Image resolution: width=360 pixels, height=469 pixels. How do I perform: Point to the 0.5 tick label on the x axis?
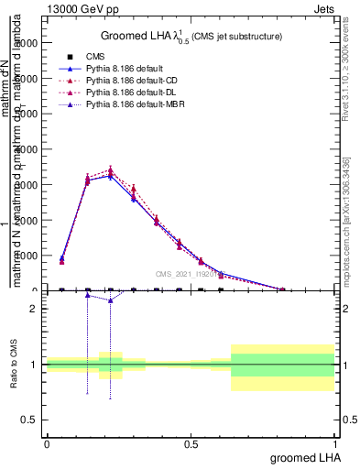pyautogui.click(x=191, y=443)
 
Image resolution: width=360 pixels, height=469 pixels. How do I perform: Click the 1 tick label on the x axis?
pyautogui.click(x=335, y=443)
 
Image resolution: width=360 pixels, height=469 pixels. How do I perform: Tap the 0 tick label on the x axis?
pyautogui.click(x=47, y=443)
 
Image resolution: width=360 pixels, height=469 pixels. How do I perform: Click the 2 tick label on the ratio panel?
pyautogui.click(x=33, y=309)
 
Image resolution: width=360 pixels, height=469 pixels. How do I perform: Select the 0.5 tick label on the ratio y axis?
pyautogui.click(x=28, y=420)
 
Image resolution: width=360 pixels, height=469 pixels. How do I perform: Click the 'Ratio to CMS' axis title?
pyautogui.click(x=14, y=365)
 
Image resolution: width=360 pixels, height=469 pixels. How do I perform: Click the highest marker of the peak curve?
pyautogui.click(x=111, y=169)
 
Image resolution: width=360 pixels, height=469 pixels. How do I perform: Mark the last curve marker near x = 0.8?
pyautogui.click(x=283, y=289)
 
